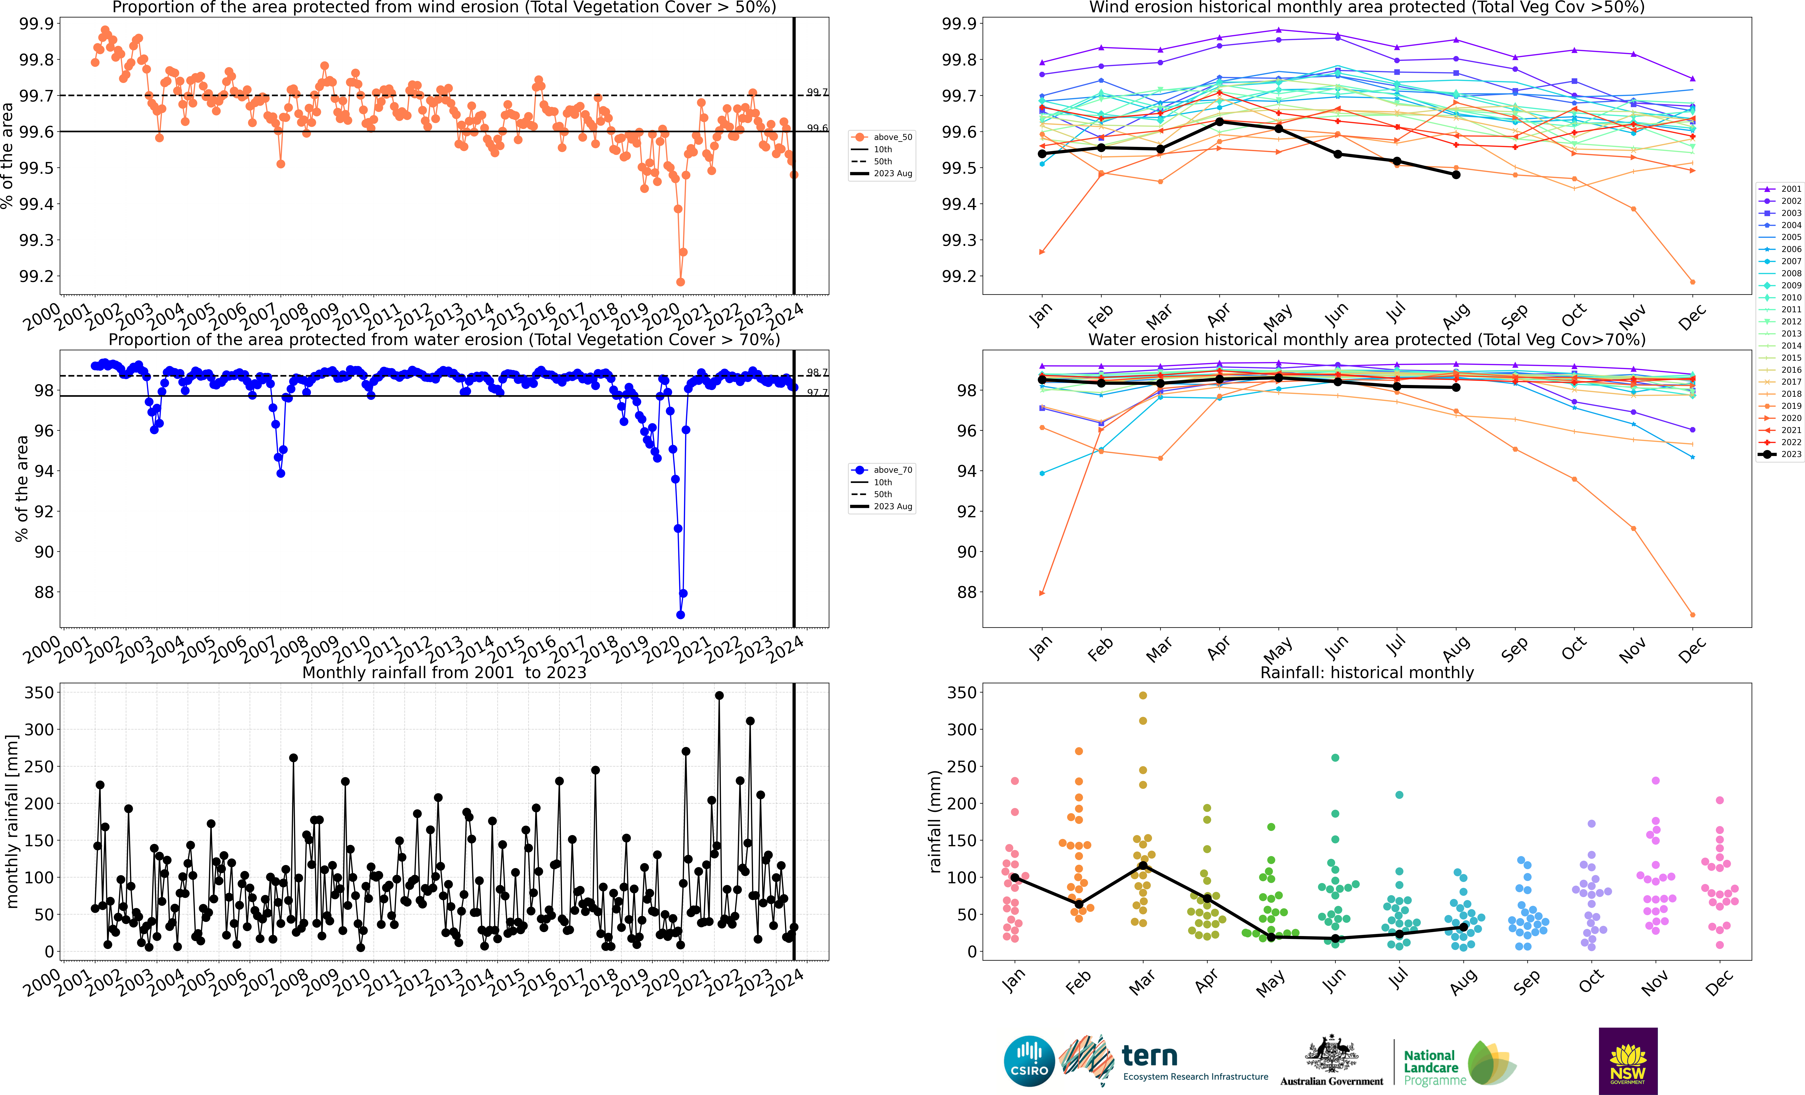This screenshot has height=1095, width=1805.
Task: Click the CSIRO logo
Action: pyautogui.click(x=1029, y=1061)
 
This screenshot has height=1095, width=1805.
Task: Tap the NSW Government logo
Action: pyautogui.click(x=1628, y=1061)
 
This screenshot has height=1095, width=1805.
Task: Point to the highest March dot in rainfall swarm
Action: pyautogui.click(x=1143, y=695)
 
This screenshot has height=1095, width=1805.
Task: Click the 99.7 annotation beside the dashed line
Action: pyautogui.click(x=817, y=92)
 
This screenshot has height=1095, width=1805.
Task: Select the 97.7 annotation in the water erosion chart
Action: pyautogui.click(x=817, y=393)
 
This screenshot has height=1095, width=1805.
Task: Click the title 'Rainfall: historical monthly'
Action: pyautogui.click(x=1366, y=672)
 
